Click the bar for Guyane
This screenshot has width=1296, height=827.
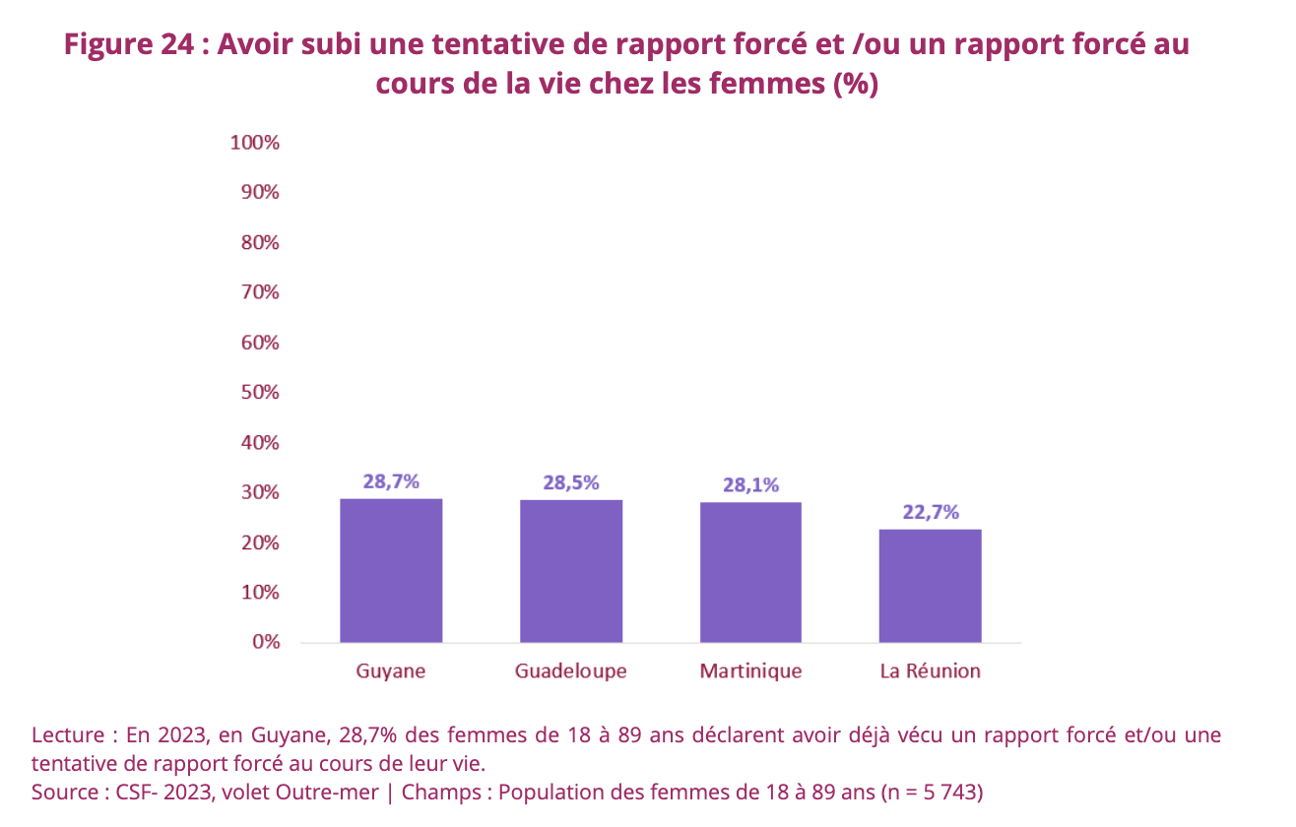(391, 570)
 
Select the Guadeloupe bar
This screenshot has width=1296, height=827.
(571, 571)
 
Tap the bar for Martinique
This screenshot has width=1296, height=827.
(750, 572)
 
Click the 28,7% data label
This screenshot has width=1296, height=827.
(391, 481)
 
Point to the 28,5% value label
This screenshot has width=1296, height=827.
(571, 482)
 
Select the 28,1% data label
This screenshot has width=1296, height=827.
(750, 484)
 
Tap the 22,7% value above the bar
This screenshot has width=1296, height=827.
(930, 512)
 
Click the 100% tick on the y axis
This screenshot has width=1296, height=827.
(255, 143)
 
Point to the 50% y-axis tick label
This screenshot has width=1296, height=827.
(259, 392)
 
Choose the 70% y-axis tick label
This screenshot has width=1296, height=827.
(259, 292)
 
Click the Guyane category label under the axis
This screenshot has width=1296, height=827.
(391, 671)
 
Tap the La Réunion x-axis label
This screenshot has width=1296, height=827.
(930, 671)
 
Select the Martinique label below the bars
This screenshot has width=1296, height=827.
(750, 671)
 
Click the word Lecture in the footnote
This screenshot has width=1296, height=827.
(68, 735)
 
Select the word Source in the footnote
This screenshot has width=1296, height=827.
(65, 792)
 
